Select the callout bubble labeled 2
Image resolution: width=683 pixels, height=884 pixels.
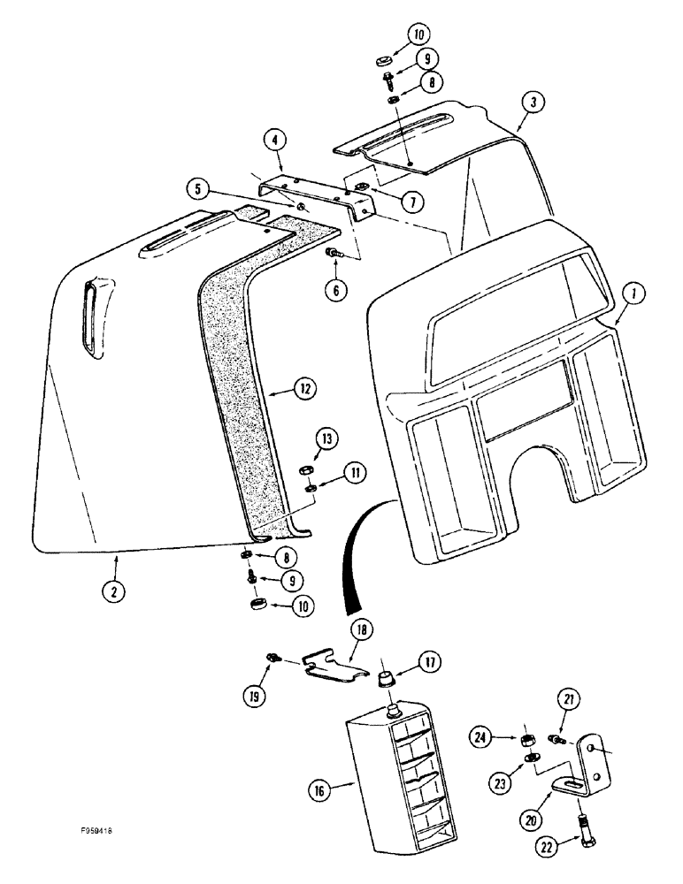coord(113,591)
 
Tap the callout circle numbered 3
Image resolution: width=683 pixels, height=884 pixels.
coord(533,103)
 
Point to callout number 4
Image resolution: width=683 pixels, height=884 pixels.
coord(276,139)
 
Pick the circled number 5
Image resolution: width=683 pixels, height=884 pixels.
coord(200,189)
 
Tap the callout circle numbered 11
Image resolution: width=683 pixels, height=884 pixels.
coord(355,475)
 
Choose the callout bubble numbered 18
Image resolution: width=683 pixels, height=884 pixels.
coord(362,630)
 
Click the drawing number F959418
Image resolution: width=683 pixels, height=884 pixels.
coord(94,832)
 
